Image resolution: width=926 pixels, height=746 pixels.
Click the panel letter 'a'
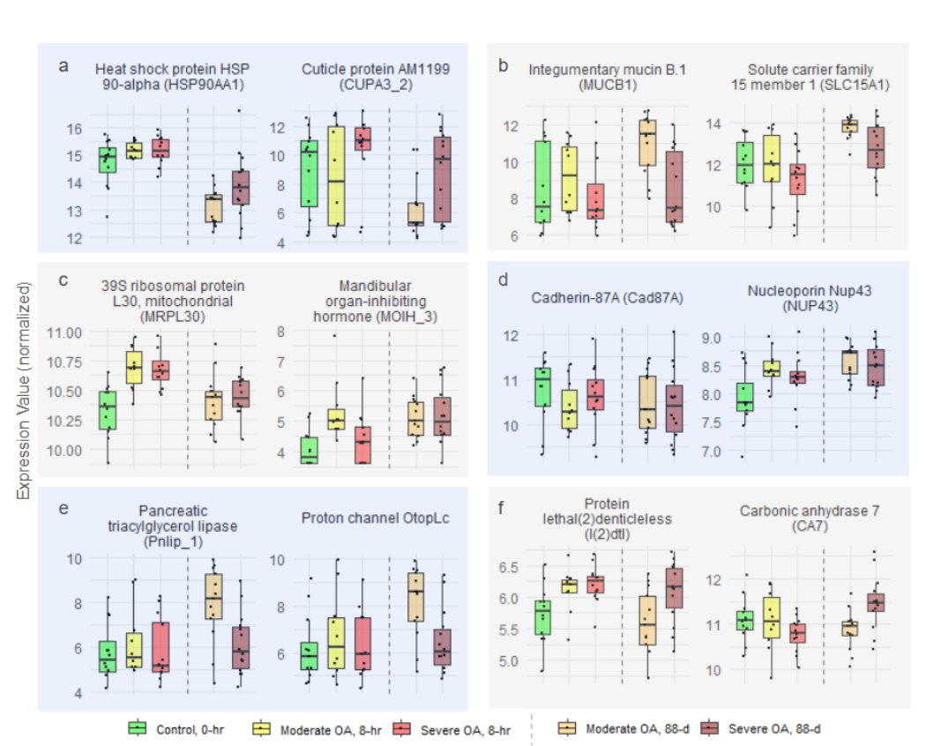pyautogui.click(x=63, y=65)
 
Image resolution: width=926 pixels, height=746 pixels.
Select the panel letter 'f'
pyautogui.click(x=502, y=508)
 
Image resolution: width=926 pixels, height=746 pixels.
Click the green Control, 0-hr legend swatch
pyautogui.click(x=137, y=728)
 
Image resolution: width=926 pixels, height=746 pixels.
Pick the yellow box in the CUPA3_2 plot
pyautogui.click(x=334, y=176)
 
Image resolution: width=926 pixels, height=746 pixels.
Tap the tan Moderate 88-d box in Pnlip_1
pyautogui.click(x=213, y=597)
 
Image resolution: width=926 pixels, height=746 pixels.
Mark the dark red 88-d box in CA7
pyautogui.click(x=874, y=603)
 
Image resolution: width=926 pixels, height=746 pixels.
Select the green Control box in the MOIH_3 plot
pyautogui.click(x=309, y=450)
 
